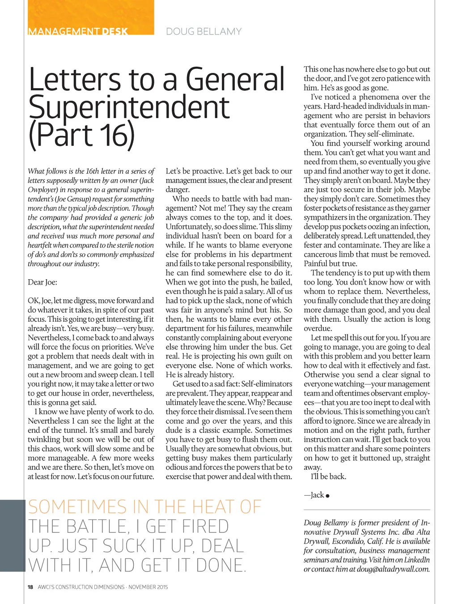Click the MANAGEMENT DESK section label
pos(78,31)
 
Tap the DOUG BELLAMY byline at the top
pos(204,31)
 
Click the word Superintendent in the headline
pos(129,107)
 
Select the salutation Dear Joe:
pos(42,282)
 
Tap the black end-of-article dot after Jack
pos(328,496)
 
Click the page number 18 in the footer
pos(30,587)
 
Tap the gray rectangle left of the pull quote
pos(13,536)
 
